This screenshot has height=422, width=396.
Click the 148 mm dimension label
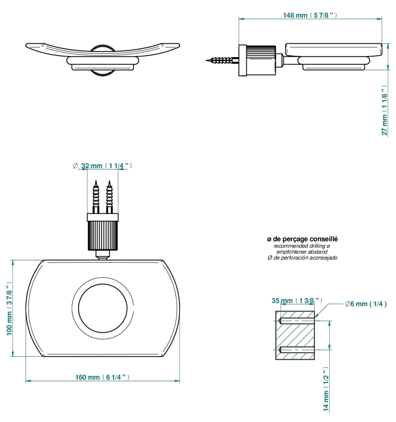(310, 15)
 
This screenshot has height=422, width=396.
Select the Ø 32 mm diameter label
(102, 165)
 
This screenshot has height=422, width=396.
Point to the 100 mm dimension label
(9, 308)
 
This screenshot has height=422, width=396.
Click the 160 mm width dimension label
(102, 377)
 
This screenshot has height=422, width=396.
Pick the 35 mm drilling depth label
(297, 301)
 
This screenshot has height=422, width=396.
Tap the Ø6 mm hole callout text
(366, 304)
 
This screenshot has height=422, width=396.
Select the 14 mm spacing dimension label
(326, 389)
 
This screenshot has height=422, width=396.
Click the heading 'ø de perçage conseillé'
(302, 239)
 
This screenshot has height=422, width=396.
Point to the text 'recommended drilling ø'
(302, 246)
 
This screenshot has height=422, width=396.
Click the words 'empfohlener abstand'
(302, 252)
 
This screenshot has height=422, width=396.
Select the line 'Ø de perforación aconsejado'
(302, 258)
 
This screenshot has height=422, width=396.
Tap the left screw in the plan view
(96, 197)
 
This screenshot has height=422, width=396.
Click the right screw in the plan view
(109, 197)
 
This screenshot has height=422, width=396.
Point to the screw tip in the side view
(207, 60)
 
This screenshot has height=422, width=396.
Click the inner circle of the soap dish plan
(103, 308)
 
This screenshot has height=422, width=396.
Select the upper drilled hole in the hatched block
(297, 321)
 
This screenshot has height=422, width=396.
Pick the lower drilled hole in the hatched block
(297, 350)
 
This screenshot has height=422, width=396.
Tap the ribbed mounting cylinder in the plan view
(103, 235)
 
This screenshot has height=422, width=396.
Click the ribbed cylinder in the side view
(261, 60)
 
